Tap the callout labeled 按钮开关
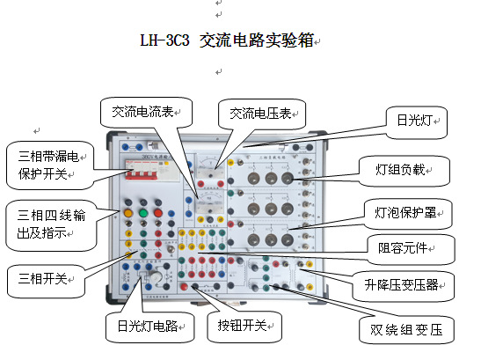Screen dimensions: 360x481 [245, 325]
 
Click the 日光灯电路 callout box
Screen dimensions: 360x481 [148, 326]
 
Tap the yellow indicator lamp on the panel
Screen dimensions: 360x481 [128, 212]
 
